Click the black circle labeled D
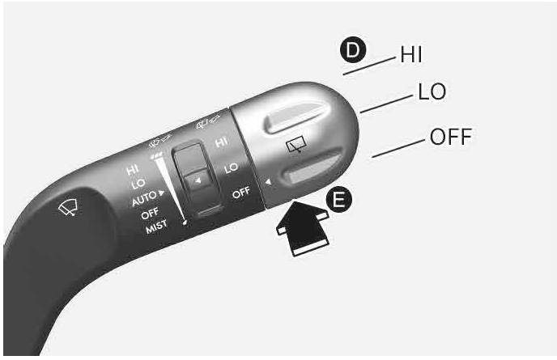[353, 51]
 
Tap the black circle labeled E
[339, 200]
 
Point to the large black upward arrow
[303, 227]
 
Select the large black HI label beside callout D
[411, 55]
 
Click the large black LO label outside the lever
[432, 91]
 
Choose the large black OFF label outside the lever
[451, 137]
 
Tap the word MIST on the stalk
[156, 227]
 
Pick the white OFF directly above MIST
[150, 214]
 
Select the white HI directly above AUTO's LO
[133, 170]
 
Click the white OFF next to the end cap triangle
[241, 193]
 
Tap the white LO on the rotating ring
[231, 168]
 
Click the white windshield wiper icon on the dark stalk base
[68, 207]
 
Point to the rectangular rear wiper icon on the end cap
[296, 145]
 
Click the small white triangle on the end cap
[268, 182]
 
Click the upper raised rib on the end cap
[296, 118]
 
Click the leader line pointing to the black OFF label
[398, 148]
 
